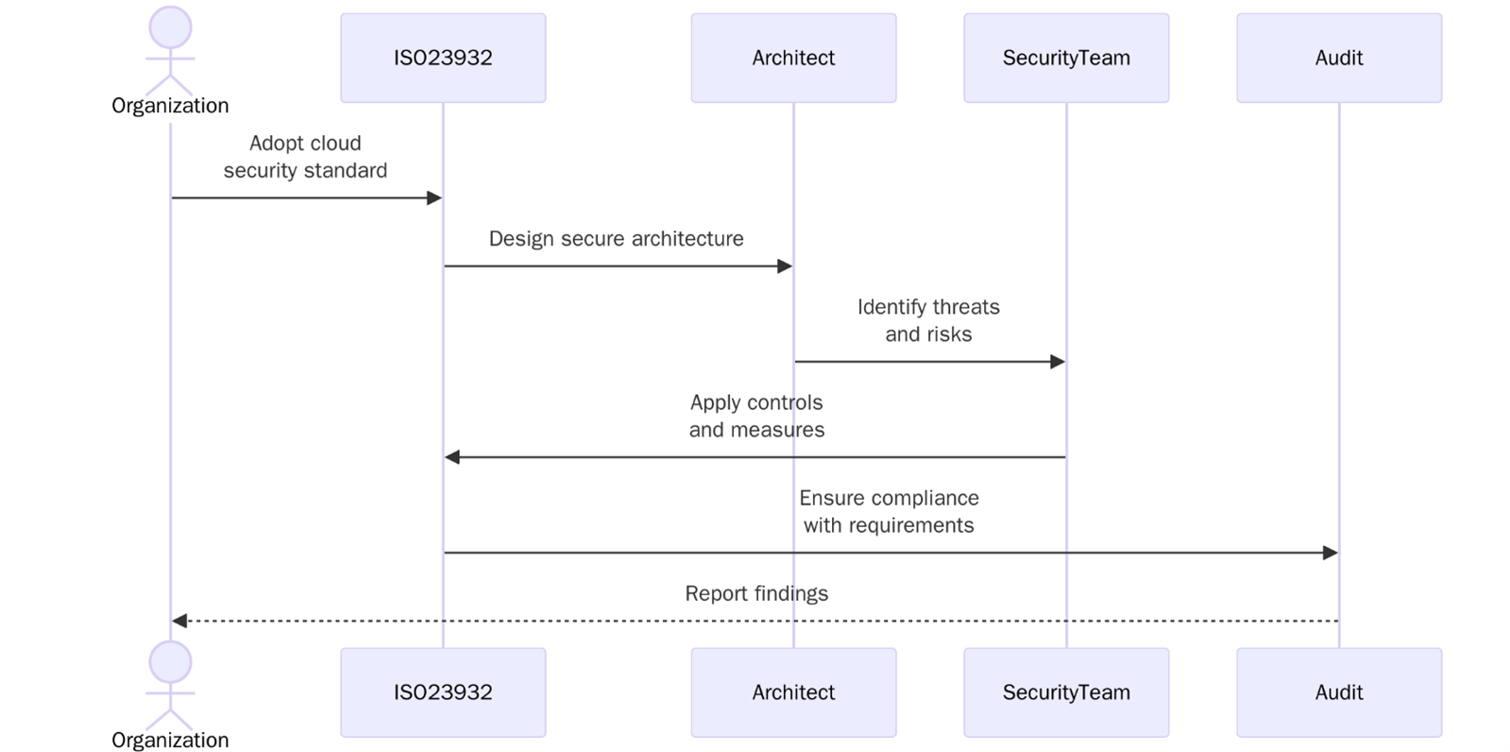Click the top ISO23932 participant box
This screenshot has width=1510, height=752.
click(x=443, y=58)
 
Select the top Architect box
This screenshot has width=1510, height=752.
click(x=793, y=58)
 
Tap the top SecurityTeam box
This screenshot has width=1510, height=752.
click(x=1066, y=58)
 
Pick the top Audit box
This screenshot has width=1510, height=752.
click(x=1338, y=58)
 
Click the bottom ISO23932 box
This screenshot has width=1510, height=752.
click(x=443, y=692)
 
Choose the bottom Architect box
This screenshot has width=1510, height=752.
click(x=793, y=692)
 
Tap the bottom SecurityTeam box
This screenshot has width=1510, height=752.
click(x=1066, y=692)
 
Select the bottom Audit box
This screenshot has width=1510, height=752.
click(x=1338, y=692)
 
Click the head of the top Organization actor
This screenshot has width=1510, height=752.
click(x=170, y=26)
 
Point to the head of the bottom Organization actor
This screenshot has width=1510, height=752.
click(x=170, y=661)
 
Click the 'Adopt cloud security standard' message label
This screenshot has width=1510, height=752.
click(x=305, y=157)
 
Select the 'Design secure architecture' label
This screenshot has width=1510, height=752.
click(x=616, y=239)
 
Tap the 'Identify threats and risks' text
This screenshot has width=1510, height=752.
click(x=928, y=320)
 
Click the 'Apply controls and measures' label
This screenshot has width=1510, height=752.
click(x=756, y=416)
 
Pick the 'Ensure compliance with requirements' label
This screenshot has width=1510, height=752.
click(x=889, y=511)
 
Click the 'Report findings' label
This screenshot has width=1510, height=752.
click(x=756, y=593)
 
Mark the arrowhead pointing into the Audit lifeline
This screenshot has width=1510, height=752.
click(x=1331, y=553)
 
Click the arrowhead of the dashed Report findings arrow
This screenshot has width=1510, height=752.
click(x=179, y=621)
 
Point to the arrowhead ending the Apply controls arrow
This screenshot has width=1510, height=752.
click(x=452, y=457)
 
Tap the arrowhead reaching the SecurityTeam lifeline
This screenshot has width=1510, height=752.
click(x=1058, y=362)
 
